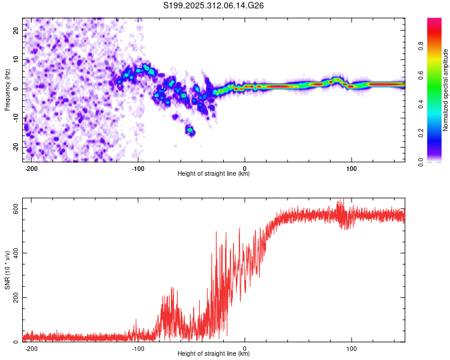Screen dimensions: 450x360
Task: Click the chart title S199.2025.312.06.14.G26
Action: point(213,5)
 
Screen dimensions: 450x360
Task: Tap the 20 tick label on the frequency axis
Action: point(16,30)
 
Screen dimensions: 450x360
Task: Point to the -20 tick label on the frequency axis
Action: point(16,147)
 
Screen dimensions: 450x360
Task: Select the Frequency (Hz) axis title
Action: point(7,90)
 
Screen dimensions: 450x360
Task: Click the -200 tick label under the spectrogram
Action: point(31,169)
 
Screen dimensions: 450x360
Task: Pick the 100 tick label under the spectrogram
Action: point(351,169)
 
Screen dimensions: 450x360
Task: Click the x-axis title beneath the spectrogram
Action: point(214,173)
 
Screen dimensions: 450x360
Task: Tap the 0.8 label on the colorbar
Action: point(421,46)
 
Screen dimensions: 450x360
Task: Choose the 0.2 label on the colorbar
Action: point(421,133)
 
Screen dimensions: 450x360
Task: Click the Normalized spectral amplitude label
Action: point(445,90)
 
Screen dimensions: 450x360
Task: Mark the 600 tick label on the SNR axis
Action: point(16,208)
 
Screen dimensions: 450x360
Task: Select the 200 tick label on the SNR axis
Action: point(16,298)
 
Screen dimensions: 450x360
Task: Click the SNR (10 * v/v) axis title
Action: point(7,270)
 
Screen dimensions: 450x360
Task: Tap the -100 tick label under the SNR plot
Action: point(138,349)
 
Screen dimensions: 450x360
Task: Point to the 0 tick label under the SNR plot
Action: point(245,349)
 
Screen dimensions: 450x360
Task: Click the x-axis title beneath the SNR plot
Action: point(214,353)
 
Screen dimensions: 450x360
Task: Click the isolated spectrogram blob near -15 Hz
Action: point(190,131)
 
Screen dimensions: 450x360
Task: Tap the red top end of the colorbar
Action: point(434,20)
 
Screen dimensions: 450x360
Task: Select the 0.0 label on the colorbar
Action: point(421,162)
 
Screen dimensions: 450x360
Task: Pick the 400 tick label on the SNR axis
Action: point(16,253)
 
